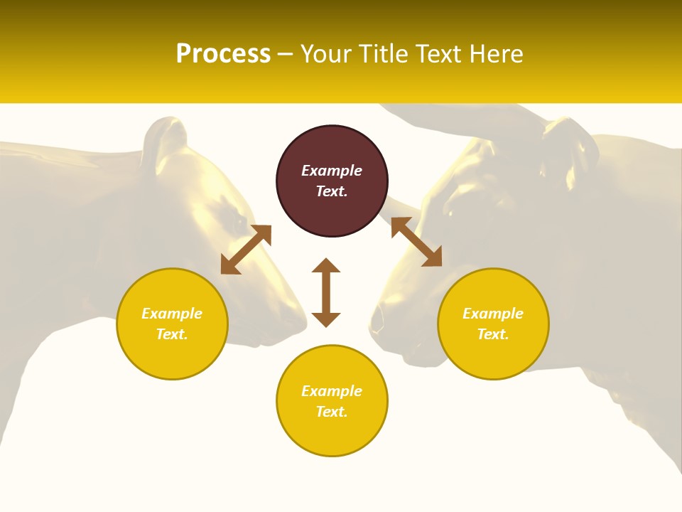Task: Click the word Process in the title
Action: (x=223, y=54)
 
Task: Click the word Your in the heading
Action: (x=326, y=54)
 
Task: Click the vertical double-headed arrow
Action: (x=326, y=292)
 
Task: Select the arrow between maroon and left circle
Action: (x=246, y=250)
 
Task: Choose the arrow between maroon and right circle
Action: (x=416, y=242)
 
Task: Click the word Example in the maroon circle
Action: (x=332, y=171)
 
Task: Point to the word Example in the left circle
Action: (x=172, y=314)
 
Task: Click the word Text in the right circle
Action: (x=493, y=334)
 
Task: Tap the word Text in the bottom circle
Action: (x=332, y=412)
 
